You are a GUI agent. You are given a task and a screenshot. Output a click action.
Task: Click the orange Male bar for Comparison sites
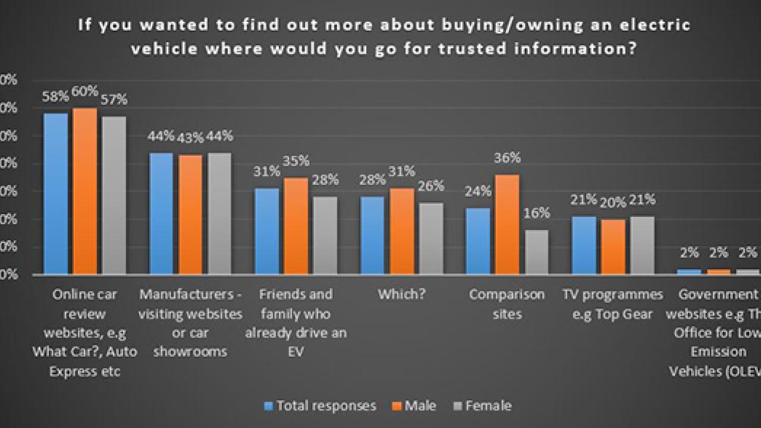pyautogui.click(x=507, y=225)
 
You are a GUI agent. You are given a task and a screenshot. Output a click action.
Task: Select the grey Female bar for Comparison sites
pyautogui.click(x=536, y=252)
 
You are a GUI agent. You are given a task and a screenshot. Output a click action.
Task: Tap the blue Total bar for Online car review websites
pyautogui.click(x=56, y=194)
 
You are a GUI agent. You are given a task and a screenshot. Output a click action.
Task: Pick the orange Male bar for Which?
pyautogui.click(x=401, y=231)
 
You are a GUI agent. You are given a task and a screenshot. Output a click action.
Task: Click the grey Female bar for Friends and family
pyautogui.click(x=325, y=235)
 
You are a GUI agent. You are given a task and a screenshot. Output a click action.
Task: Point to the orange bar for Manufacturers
pyautogui.click(x=190, y=215)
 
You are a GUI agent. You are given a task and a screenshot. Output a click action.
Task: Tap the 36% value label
pyautogui.click(x=507, y=158)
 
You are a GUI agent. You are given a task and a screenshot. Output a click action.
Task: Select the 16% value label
pyautogui.click(x=537, y=213)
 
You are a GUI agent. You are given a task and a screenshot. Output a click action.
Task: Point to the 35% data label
pyautogui.click(x=295, y=160)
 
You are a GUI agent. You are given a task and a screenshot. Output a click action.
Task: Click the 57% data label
pyautogui.click(x=114, y=99)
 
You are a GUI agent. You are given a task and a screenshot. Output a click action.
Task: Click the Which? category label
pyautogui.click(x=401, y=294)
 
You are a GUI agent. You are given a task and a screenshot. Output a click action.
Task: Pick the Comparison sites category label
pyautogui.click(x=507, y=304)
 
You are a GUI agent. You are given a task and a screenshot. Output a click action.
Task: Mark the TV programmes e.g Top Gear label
pyautogui.click(x=613, y=304)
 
